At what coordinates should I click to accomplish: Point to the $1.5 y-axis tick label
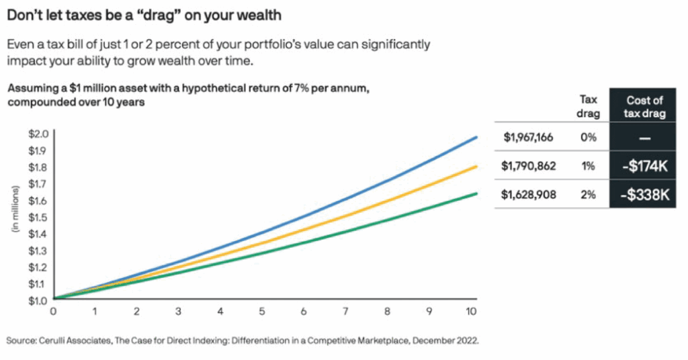click(x=38, y=217)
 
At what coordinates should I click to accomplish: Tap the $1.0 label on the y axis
click(x=38, y=300)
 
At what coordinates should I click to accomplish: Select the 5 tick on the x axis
click(x=262, y=311)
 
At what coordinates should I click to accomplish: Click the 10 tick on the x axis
click(x=472, y=311)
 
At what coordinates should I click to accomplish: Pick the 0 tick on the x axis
click(x=54, y=311)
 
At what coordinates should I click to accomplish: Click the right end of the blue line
click(x=476, y=137)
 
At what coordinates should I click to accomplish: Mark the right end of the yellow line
click(x=476, y=166)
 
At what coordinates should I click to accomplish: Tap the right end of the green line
click(x=476, y=193)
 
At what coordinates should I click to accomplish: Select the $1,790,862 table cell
click(x=529, y=166)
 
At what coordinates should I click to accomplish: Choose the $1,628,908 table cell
click(x=529, y=194)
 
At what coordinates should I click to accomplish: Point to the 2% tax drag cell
click(x=588, y=194)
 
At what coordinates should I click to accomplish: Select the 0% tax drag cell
click(x=588, y=138)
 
